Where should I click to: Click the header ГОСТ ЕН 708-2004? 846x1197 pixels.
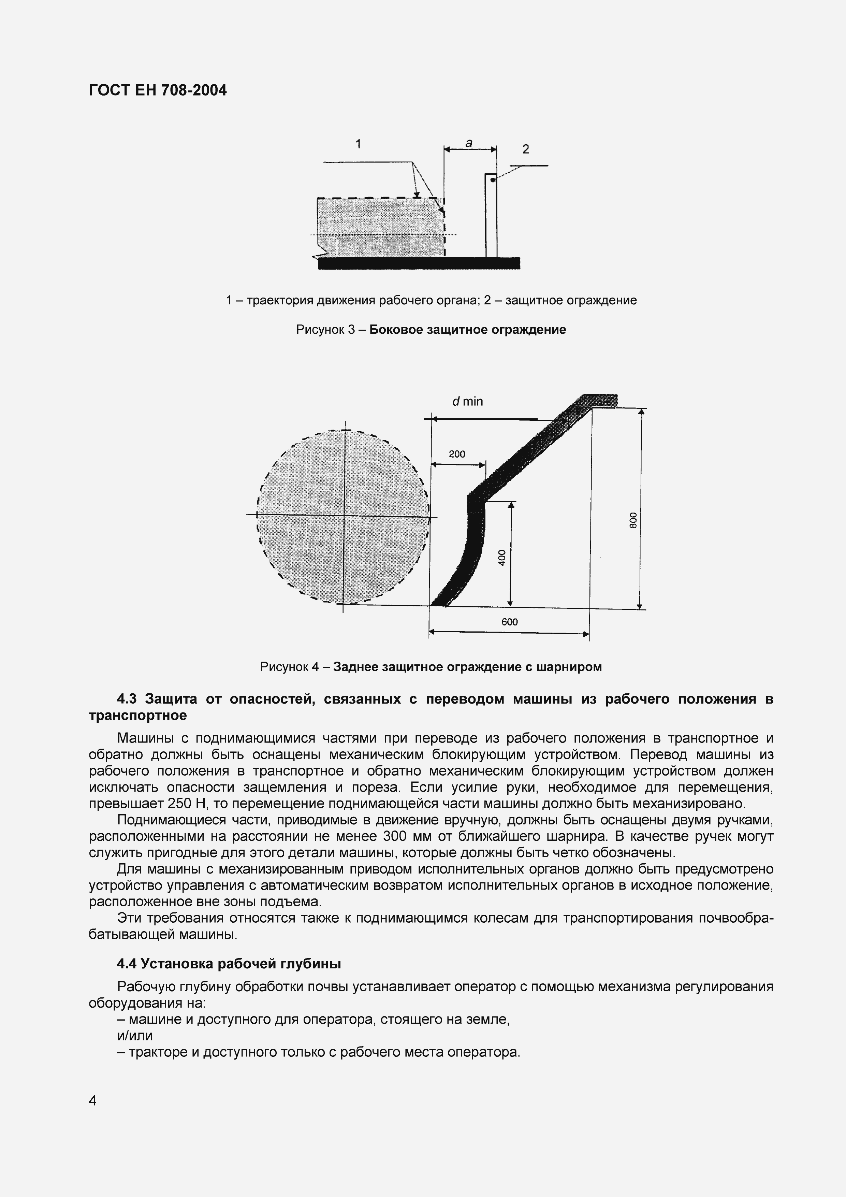(158, 91)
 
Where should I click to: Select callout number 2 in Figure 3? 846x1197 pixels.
(525, 149)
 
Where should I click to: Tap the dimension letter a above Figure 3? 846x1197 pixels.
(469, 142)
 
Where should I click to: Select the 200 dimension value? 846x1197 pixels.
(457, 454)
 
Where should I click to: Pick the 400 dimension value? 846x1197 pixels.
(502, 557)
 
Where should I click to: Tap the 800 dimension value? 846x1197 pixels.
(633, 520)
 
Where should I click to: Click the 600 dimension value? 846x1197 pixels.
(509, 622)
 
